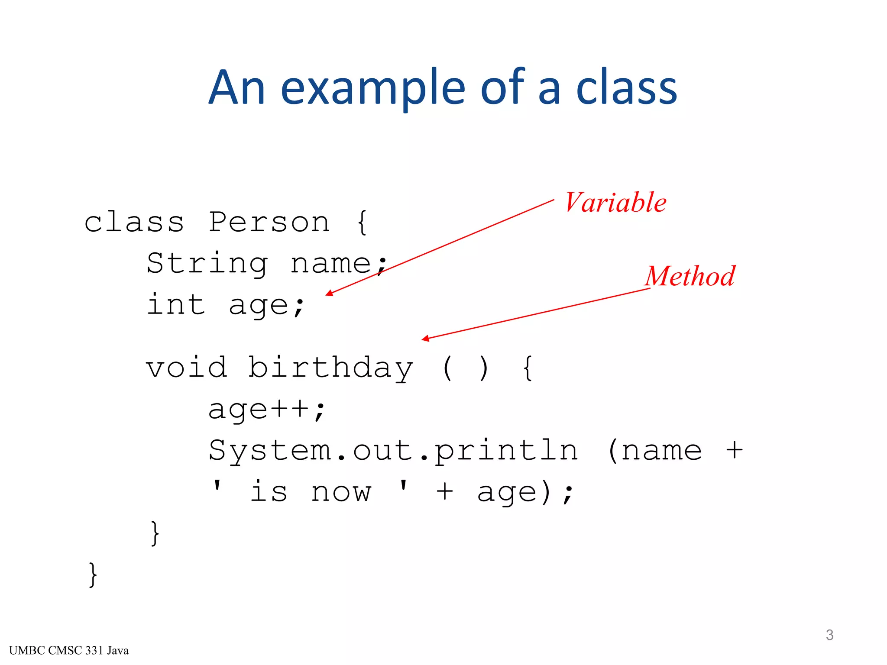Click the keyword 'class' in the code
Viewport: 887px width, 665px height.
pos(134,223)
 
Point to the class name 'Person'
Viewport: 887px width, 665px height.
pos(269,223)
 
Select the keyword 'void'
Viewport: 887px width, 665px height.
pos(187,368)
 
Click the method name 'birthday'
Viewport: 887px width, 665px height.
pos(330,368)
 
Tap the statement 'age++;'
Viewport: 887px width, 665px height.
pos(266,409)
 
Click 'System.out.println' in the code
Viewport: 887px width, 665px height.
pos(393,451)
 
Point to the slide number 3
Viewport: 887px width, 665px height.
pos(829,635)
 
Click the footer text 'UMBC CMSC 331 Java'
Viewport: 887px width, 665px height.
pos(69,651)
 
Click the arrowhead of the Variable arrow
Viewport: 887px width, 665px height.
pos(329,294)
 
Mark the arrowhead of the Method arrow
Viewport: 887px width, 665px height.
pos(425,339)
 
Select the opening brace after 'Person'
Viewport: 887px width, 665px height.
pos(363,223)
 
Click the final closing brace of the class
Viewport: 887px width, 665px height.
pos(93,575)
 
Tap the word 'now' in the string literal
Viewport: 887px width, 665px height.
pos(341,492)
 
